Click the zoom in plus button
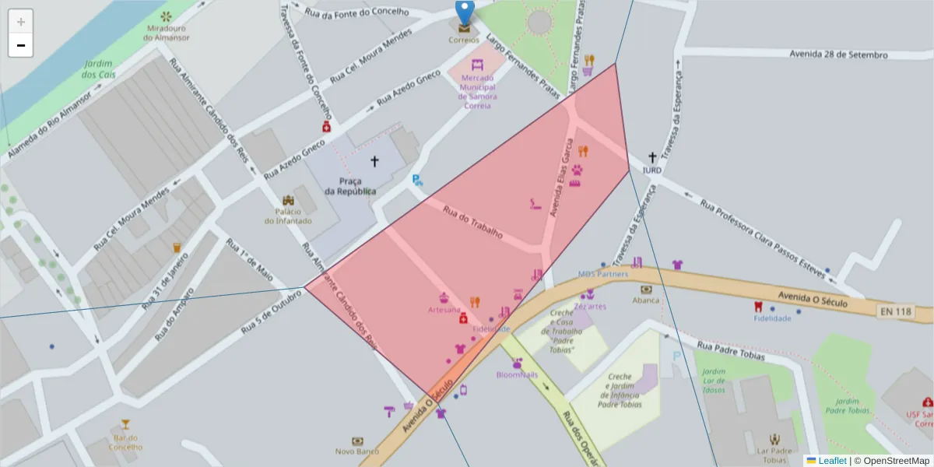[21, 22]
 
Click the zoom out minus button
[21, 45]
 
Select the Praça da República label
[350, 186]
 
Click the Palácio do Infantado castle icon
[288, 201]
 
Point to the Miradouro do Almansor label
[166, 33]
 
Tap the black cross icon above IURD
[652, 157]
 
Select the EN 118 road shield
[895, 312]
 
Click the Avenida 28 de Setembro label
[838, 54]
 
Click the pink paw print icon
[577, 170]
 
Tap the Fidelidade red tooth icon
[758, 306]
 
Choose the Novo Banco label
[357, 451]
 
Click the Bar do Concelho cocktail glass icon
[125, 425]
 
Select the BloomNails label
[517, 374]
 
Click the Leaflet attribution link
[832, 461]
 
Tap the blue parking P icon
[417, 180]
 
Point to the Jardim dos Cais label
[98, 69]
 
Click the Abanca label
[646, 300]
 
